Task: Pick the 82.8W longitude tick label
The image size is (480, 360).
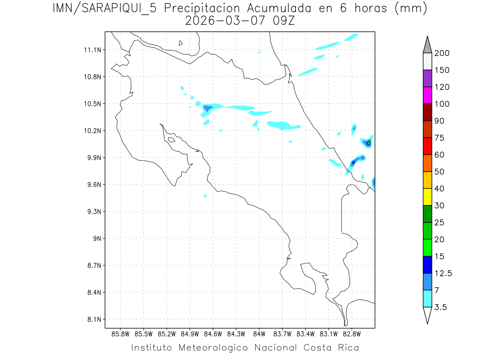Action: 352,334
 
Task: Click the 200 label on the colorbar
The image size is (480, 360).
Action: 442,53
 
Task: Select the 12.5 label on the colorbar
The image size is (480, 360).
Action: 443,273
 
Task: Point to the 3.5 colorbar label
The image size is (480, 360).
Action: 441,307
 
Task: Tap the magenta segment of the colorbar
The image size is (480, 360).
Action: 427,95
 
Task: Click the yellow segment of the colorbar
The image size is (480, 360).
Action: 427,197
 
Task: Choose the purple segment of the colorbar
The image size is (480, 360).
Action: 427,78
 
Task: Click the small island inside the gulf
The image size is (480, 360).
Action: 171,140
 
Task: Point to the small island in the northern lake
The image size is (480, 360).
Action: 181,43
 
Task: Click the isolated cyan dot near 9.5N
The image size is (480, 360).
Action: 205,196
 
